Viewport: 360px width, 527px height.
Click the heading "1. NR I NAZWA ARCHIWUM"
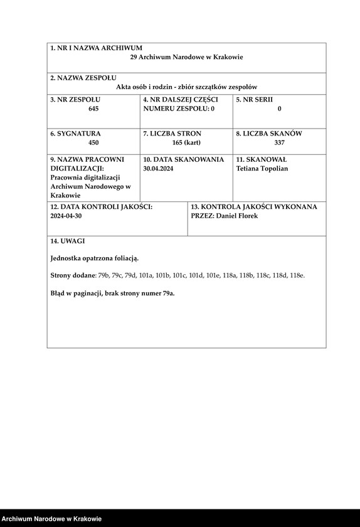point(96,48)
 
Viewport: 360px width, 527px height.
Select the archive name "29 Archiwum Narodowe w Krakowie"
point(186,57)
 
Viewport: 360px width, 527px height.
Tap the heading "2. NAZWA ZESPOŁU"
point(83,78)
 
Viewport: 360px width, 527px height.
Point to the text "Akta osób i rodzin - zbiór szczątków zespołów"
point(186,87)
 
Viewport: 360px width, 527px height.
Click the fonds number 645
point(93,109)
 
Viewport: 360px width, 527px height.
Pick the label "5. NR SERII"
point(254,100)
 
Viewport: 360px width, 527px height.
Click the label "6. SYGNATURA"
point(75,134)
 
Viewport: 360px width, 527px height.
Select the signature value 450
point(93,142)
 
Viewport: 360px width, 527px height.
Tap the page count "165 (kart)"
point(186,142)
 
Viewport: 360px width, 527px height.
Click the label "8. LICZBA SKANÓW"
point(269,134)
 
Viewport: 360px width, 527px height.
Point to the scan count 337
point(279,142)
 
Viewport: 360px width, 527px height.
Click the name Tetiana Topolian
point(262,168)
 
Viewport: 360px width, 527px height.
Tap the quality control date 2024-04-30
point(66,215)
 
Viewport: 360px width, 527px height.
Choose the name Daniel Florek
point(236,216)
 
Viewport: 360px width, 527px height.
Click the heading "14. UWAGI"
point(68,241)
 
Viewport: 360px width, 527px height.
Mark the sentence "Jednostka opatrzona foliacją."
point(94,258)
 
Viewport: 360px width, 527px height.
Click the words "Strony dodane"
point(72,275)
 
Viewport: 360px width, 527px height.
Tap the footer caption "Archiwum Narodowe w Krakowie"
point(51,519)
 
